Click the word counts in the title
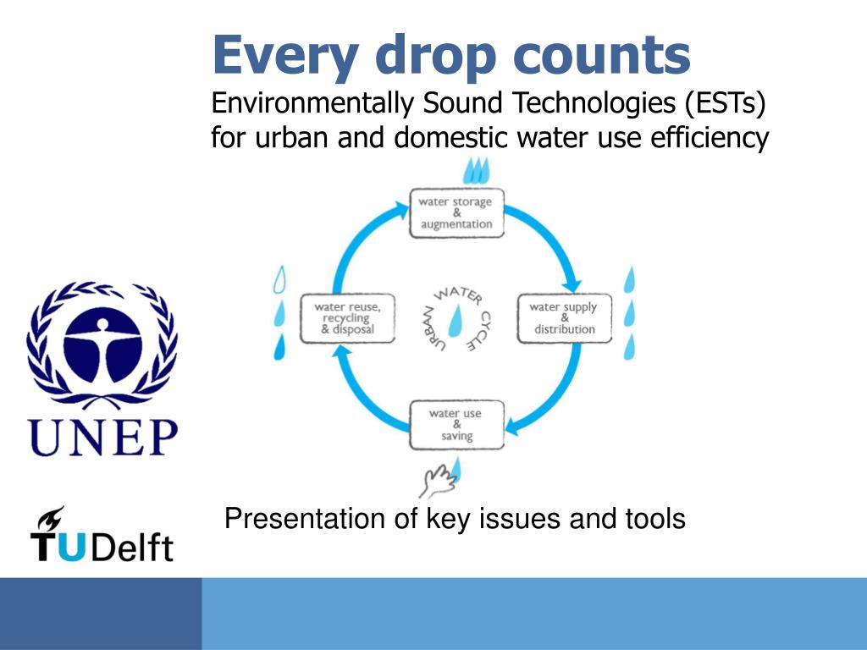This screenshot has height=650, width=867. coord(602,55)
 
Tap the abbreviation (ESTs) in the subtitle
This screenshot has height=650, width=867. coord(725,104)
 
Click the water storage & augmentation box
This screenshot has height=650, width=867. coord(456,213)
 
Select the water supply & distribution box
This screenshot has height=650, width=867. coord(564,318)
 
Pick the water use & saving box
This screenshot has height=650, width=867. coord(456,425)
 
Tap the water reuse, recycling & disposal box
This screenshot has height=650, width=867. coord(347,318)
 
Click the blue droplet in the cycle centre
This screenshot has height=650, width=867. coord(456,321)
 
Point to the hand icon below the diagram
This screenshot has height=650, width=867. coord(438,481)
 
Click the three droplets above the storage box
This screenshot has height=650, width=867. coord(476,170)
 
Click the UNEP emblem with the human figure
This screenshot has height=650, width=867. coord(102,345)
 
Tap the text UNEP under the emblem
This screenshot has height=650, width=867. coord(102,438)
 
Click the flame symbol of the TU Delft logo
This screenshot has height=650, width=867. coord(50,519)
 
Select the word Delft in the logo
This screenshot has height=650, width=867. coord(132,548)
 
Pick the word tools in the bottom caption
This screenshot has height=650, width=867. coord(655,519)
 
